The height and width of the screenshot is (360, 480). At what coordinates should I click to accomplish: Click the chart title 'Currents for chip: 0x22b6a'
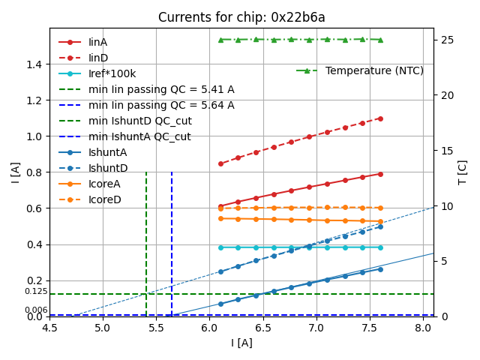241,17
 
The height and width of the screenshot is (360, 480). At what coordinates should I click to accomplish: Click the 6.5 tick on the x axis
263,328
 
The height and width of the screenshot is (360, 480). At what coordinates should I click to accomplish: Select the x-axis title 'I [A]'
241,343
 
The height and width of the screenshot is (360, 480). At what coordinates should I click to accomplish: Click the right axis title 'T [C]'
463,172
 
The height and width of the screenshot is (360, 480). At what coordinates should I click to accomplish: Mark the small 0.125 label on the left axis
36,292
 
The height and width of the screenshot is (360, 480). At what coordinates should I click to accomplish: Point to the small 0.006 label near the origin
36,310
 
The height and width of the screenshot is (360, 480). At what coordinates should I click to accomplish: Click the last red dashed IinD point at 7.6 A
380,118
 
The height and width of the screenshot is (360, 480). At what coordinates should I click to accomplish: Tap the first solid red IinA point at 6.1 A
220,206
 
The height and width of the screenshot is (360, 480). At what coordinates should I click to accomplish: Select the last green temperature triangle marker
380,40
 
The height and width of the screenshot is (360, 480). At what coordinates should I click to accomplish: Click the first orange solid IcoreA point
220,218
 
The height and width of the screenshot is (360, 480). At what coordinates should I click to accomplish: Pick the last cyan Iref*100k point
380,247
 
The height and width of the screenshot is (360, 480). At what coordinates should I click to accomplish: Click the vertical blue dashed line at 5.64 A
172,240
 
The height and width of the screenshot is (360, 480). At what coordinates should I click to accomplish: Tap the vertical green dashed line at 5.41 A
146,240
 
